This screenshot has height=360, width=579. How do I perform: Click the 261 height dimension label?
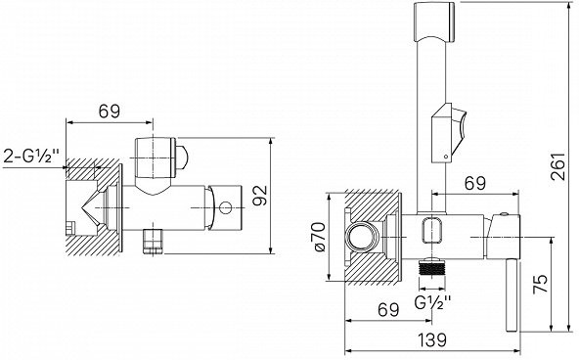(x=557, y=165)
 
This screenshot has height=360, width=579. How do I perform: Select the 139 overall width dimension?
(x=432, y=339)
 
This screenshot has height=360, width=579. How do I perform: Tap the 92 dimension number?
(x=261, y=195)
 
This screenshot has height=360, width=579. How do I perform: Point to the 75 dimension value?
(x=540, y=284)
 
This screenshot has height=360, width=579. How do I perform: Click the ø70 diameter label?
(x=320, y=237)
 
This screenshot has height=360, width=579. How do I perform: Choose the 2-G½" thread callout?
(x=31, y=156)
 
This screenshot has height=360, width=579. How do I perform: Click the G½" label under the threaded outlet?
(x=433, y=303)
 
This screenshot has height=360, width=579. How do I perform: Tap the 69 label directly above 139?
(x=388, y=309)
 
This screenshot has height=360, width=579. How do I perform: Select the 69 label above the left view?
(x=110, y=112)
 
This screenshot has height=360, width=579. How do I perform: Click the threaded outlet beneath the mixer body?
(x=432, y=267)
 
